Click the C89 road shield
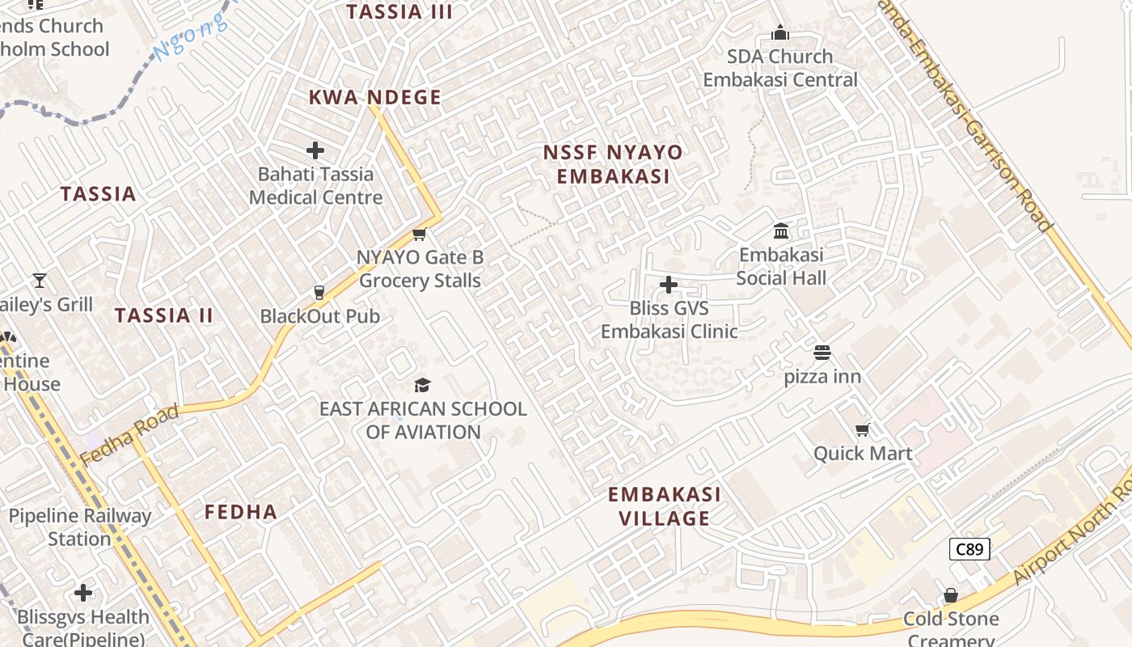pos(969,550)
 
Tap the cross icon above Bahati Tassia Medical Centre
pos(315,150)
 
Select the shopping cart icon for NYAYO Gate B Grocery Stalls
pos(419,235)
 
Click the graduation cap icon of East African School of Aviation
pos(422,385)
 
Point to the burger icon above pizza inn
pos(822,353)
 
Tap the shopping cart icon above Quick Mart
pos(863,429)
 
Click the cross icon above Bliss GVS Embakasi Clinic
pos(669,285)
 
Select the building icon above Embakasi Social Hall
pos(781,231)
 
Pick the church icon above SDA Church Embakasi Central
pos(780,32)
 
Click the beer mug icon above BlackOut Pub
pos(319,293)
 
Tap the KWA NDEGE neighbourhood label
pos(375,98)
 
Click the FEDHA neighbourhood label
pos(241,512)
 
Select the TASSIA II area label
pos(164,315)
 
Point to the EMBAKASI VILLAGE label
pos(664,506)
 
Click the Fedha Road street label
pos(129,436)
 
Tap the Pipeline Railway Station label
pos(79,527)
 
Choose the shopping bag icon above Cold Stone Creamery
pos(951,596)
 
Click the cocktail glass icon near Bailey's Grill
pos(40,281)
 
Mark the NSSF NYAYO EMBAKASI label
pos(612,164)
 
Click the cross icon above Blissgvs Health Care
pos(83,593)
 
